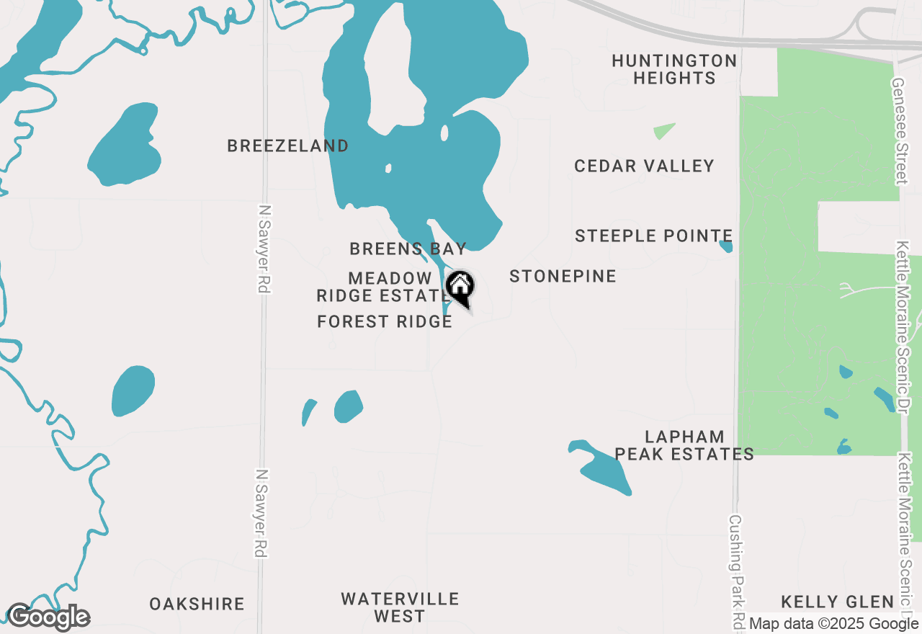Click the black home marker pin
460,287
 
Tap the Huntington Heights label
674,69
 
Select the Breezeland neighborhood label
288,146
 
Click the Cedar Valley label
644,166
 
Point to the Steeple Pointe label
653,236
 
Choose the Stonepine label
563,276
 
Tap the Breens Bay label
408,249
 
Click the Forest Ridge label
385,321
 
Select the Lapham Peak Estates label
684,445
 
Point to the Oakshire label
197,604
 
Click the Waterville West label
400,607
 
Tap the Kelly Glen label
838,602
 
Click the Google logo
48,617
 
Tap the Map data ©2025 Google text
833,624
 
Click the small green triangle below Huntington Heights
663,131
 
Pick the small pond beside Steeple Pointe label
726,246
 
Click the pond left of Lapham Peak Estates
603,468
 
